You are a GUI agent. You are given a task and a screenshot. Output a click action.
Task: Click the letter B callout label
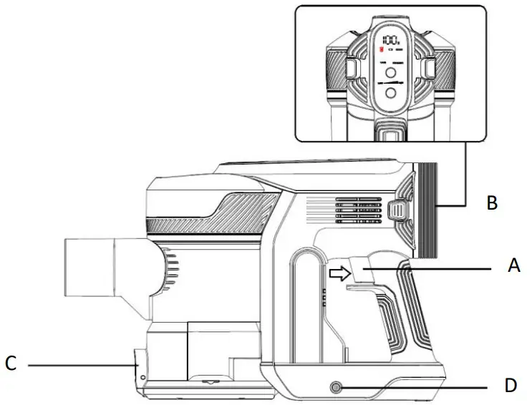tap(491, 203)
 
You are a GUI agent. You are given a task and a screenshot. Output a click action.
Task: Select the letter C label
tap(11, 364)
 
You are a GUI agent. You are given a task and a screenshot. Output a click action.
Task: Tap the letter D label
tap(510, 386)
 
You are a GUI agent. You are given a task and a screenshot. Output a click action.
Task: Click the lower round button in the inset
tap(391, 93)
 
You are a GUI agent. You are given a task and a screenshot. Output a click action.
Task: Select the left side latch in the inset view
tap(352, 68)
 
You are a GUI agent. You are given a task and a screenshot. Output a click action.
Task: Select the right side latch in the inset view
tap(430, 68)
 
